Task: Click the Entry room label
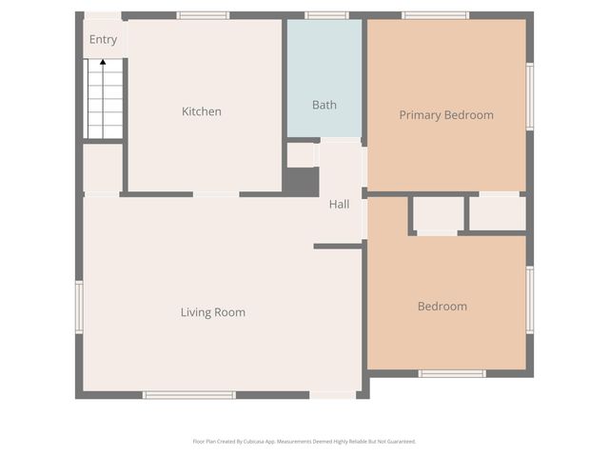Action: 103,40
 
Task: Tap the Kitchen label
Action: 202,111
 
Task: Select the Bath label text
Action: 324,105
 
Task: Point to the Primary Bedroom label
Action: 446,115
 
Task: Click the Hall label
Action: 340,205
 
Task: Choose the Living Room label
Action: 213,312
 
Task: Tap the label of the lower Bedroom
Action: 442,307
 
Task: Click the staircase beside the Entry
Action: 104,100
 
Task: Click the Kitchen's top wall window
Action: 203,15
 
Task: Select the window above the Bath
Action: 326,15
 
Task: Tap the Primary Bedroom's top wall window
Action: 435,15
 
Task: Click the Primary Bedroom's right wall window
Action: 530,95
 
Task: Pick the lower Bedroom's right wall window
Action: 530,300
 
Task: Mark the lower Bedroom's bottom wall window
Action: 452,373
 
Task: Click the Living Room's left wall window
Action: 79,307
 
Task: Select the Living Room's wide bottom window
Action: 188,394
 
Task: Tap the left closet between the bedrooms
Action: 438,213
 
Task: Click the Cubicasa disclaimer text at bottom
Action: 304,441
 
